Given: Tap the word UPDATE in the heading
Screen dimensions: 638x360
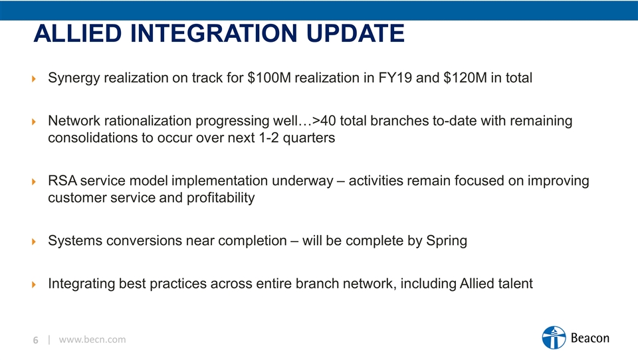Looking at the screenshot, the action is (355, 33).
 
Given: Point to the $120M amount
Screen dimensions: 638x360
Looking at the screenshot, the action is (465, 78).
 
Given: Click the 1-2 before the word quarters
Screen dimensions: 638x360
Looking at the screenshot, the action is (269, 138).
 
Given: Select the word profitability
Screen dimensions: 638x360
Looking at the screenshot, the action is (221, 198).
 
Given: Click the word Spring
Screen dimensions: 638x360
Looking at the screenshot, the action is (447, 241).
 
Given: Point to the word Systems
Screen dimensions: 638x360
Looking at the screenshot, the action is (75, 241).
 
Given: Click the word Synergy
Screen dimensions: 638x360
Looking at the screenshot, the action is (74, 78).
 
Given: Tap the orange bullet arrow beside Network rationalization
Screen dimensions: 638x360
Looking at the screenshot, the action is (34, 122).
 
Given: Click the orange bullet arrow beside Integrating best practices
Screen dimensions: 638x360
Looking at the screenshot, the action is (34, 284).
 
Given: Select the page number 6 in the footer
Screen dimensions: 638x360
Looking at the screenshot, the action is (36, 340).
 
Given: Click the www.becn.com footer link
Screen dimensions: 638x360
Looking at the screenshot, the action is (92, 339).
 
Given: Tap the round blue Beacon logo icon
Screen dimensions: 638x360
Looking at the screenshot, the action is (554, 337).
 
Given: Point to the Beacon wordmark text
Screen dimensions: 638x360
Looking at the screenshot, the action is (590, 338).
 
